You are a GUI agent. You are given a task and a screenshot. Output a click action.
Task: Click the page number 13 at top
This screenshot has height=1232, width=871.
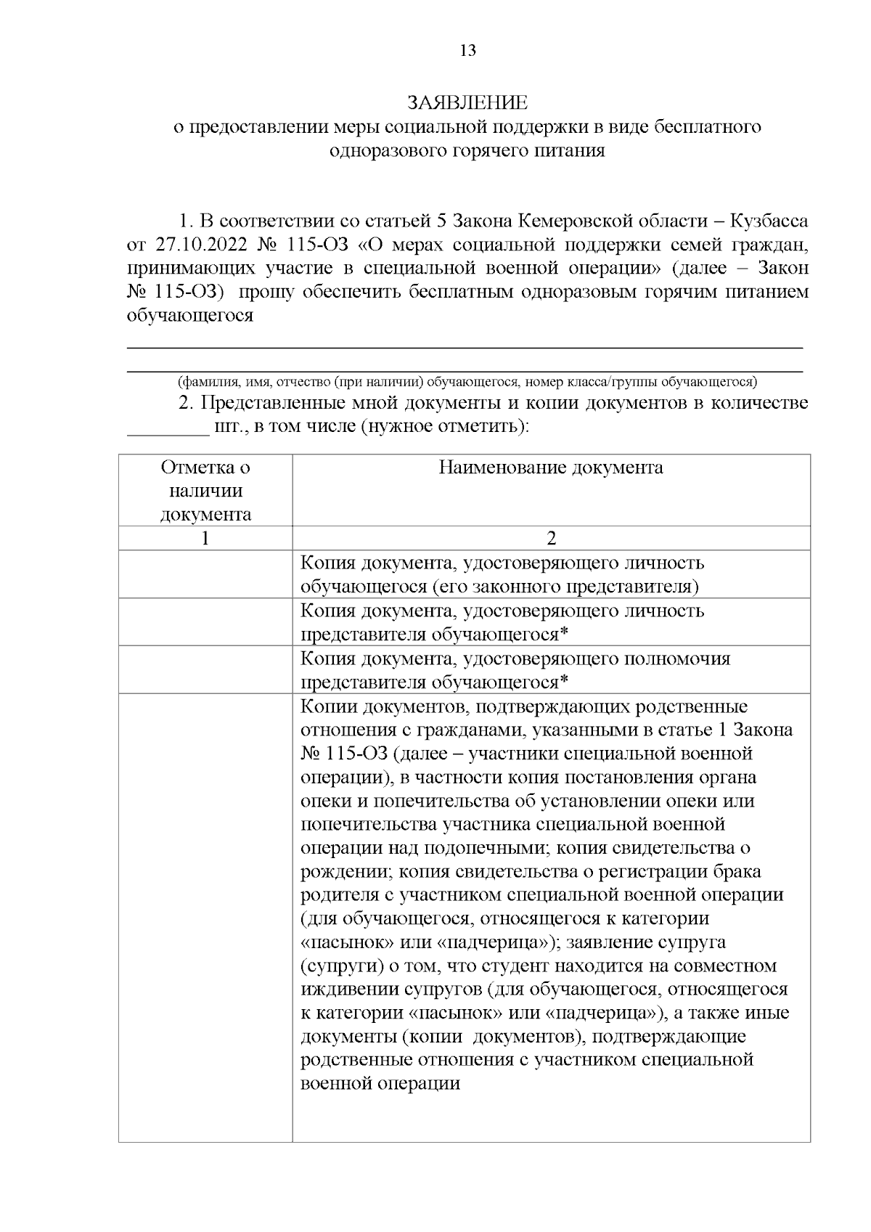pyautogui.click(x=467, y=51)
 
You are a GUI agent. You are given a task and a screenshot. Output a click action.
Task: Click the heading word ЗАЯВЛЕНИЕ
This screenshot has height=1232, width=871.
pyautogui.click(x=467, y=102)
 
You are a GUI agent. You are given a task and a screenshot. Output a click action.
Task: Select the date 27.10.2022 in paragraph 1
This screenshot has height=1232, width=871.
pyautogui.click(x=192, y=244)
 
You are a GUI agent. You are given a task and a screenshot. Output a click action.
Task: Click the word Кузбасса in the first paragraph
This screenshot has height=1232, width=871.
pyautogui.click(x=769, y=220)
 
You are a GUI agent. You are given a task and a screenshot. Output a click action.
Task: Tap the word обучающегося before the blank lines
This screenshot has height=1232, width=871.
pyautogui.click(x=190, y=316)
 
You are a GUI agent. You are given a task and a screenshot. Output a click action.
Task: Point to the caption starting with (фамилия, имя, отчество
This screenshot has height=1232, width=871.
pyautogui.click(x=467, y=381)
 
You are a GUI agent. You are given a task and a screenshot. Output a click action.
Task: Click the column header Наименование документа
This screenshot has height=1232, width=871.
pyautogui.click(x=550, y=468)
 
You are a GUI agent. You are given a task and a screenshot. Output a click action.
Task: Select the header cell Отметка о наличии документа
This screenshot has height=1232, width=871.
pyautogui.click(x=205, y=491)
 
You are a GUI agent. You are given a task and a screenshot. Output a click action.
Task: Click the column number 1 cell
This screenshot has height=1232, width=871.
pyautogui.click(x=205, y=538)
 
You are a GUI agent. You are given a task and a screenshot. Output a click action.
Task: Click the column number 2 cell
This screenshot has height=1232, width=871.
pyautogui.click(x=551, y=538)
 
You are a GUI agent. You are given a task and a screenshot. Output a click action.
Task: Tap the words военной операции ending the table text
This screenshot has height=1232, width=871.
pyautogui.click(x=380, y=1084)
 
